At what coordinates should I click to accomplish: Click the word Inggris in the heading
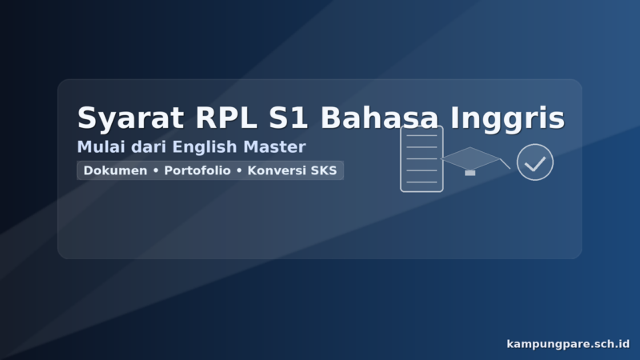(507, 118)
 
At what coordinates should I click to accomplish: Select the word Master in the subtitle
(276, 147)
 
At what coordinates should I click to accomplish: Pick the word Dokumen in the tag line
(115, 170)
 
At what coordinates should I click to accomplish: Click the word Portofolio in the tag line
(198, 170)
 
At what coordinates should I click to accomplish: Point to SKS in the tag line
(323, 170)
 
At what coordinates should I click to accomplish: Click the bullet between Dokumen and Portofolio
(155, 170)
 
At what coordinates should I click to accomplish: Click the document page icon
(422, 158)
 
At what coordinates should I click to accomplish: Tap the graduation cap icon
(470, 158)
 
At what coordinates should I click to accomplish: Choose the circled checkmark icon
(535, 162)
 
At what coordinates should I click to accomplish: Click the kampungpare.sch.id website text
(568, 344)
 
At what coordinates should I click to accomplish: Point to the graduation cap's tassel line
(505, 164)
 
